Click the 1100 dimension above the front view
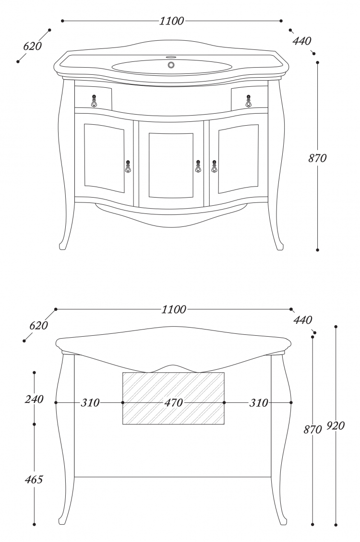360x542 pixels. coord(171,21)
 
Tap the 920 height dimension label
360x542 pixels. coord(336,425)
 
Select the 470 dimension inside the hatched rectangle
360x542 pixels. coord(173,403)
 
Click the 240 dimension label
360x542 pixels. coord(34,399)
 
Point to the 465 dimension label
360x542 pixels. coord(34,480)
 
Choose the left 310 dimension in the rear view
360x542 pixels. coord(90,403)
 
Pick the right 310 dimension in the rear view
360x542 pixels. coord(259,403)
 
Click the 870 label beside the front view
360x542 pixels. coord(317,158)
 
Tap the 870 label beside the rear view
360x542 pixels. coord(312,429)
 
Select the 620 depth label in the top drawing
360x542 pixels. coord(33,46)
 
